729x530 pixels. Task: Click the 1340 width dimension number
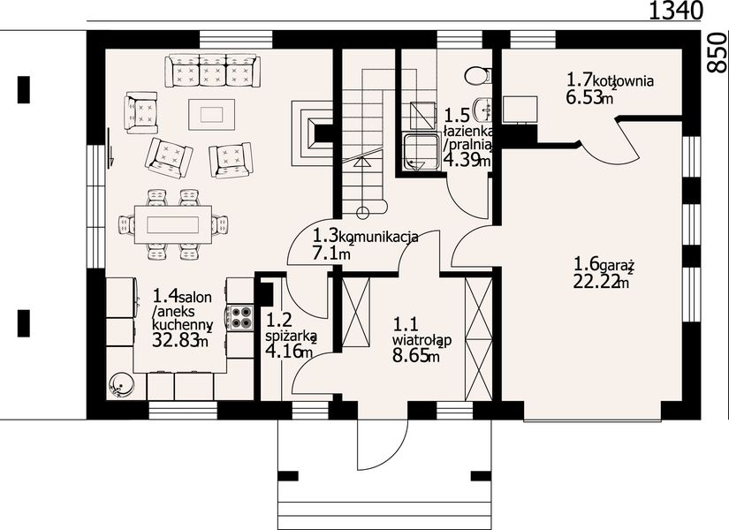[674, 11]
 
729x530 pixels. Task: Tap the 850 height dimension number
[718, 52]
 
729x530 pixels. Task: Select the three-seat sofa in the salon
[212, 70]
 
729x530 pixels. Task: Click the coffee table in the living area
[211, 114]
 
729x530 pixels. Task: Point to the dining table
[173, 225]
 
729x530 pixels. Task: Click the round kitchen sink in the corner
[122, 385]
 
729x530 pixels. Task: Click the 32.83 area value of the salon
[175, 340]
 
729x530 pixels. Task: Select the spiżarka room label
[291, 335]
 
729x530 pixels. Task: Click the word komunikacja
[378, 237]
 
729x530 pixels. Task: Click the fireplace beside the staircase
[313, 133]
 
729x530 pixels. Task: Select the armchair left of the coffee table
[140, 112]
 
